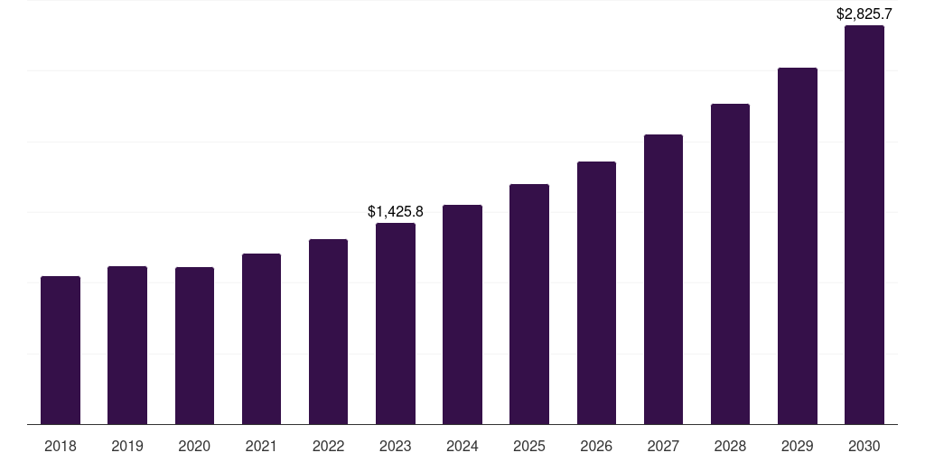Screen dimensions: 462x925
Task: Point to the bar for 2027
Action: point(663,279)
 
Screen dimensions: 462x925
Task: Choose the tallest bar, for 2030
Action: point(864,225)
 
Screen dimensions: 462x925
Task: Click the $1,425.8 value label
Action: point(396,212)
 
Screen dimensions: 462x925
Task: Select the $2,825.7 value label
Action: point(864,14)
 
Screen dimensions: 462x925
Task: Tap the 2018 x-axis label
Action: point(61,446)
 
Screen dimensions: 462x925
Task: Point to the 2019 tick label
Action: point(127,446)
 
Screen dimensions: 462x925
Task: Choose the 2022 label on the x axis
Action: point(328,446)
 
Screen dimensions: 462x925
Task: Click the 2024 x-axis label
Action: point(462,446)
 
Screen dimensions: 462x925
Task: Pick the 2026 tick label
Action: point(596,446)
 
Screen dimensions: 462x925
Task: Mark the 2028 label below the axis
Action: point(730,446)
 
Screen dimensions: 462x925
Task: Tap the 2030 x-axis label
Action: point(864,446)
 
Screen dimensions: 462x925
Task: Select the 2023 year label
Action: point(396,446)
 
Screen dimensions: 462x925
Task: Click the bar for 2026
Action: point(596,292)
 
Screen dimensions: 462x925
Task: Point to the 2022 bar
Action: point(328,331)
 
